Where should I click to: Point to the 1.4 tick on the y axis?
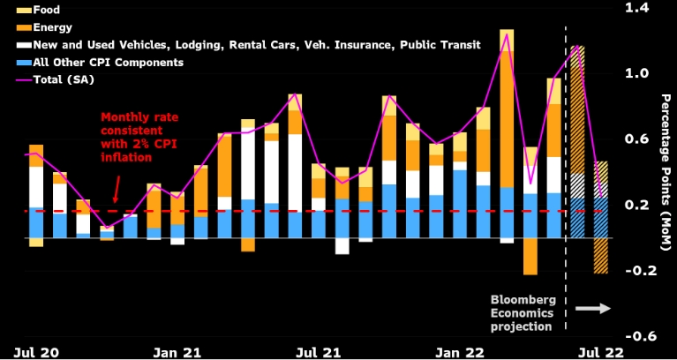[636, 8]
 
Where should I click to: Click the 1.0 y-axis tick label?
[636, 74]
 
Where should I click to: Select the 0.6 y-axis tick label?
[636, 139]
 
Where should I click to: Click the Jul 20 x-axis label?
[37, 352]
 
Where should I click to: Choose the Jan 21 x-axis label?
[179, 352]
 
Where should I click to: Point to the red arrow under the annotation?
[117, 189]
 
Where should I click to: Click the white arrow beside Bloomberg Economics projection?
[591, 308]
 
